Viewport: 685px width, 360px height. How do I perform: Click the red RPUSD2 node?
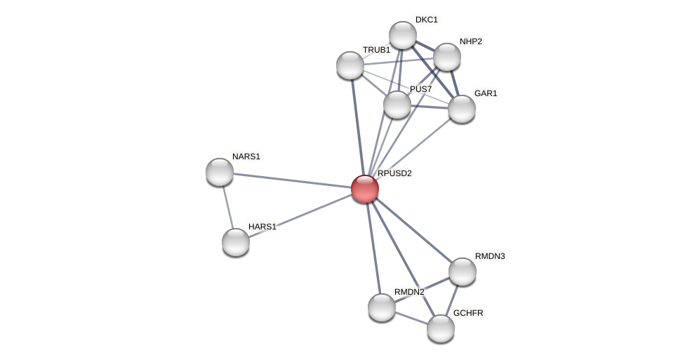pyautogui.click(x=364, y=189)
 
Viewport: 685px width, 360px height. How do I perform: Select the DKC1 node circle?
pyautogui.click(x=403, y=35)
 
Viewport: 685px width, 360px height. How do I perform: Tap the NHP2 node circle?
pyautogui.click(x=447, y=57)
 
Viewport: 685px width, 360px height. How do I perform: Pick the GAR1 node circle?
pyautogui.click(x=462, y=109)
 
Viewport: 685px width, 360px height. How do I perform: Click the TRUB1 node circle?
pyautogui.click(x=350, y=65)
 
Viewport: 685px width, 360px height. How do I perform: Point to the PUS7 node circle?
pyautogui.click(x=397, y=105)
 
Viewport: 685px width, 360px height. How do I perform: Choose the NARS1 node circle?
pyautogui.click(x=220, y=172)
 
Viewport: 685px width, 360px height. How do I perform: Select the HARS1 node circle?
pyautogui.click(x=236, y=242)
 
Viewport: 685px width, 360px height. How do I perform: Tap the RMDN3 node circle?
pyautogui.click(x=463, y=272)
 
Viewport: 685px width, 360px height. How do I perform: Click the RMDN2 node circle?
pyautogui.click(x=382, y=307)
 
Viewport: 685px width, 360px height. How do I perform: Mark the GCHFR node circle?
pyautogui.click(x=441, y=328)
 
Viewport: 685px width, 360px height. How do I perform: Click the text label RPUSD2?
pyautogui.click(x=394, y=173)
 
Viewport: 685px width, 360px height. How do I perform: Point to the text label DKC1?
pyautogui.click(x=426, y=20)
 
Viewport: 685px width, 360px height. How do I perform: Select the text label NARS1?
pyautogui.click(x=246, y=156)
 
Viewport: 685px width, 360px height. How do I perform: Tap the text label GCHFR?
pyautogui.click(x=468, y=313)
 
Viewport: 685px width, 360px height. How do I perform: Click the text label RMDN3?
pyautogui.click(x=490, y=256)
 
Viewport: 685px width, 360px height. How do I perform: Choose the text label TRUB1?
pyautogui.click(x=376, y=50)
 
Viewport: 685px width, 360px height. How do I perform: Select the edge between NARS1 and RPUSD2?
pyautogui.click(x=291, y=180)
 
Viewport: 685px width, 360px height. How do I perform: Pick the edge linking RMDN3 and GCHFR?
pyautogui.click(x=452, y=300)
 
